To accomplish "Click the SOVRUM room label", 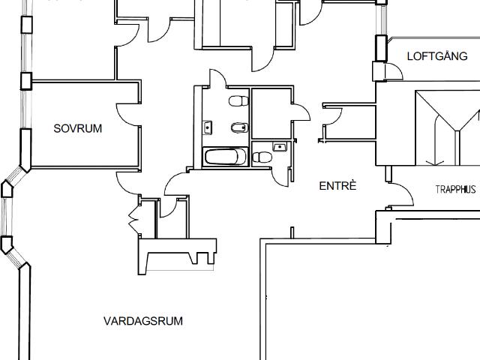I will click(x=78, y=128).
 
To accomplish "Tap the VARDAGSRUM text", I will click(x=143, y=321).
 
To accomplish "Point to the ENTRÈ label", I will click(x=337, y=185).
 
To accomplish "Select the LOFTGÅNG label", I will click(x=436, y=56).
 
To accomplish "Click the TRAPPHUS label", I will click(x=455, y=190).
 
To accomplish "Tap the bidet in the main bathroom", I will click(x=238, y=127).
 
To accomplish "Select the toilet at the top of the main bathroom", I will click(x=238, y=100).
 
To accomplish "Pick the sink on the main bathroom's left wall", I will click(x=207, y=127).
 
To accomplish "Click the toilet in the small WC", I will click(x=262, y=157).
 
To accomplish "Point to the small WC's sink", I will click(x=279, y=146).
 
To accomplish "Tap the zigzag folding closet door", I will click(x=134, y=217).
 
